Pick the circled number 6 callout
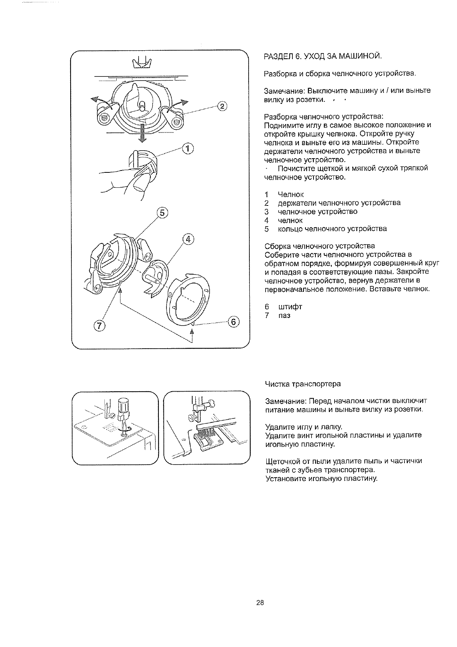point(233,322)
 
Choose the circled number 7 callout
point(99,326)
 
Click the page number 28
point(260,602)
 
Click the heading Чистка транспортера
point(303,384)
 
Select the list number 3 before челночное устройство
point(267,212)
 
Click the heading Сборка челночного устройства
point(320,246)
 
